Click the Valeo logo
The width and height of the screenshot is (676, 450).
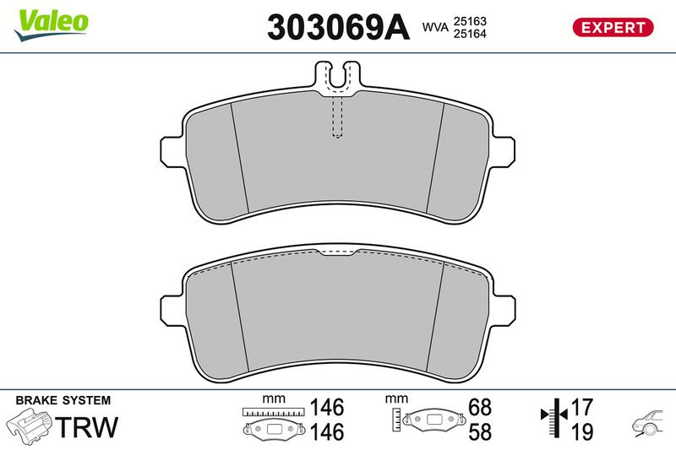[52, 25]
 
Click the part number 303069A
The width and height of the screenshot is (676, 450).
[338, 27]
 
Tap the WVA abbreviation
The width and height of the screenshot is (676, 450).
[435, 27]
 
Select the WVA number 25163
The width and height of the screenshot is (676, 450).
[470, 21]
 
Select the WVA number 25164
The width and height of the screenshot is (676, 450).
[470, 34]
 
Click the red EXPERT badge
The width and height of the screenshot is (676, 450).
[613, 27]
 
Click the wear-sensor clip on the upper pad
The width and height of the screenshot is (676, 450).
[337, 77]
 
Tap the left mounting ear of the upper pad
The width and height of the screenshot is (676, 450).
[173, 152]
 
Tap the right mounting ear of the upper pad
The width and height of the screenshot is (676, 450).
[502, 152]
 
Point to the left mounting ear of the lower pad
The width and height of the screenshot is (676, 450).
[173, 311]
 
